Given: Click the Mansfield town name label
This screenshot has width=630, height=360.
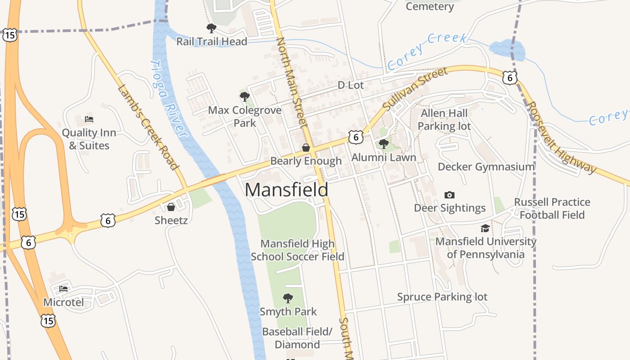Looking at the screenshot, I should pos(286,190).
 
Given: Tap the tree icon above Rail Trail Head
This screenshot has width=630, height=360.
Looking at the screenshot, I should pos(211,29).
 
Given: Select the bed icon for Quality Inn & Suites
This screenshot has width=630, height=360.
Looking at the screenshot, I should pos(89,120).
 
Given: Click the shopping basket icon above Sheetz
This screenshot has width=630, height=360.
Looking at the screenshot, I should pos(171,207).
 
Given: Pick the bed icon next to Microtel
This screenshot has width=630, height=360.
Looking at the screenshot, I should pos(63,288).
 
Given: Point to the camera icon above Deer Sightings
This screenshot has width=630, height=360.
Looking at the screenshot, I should pos(449,195).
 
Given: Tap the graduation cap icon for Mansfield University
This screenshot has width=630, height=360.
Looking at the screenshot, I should pos(485,229).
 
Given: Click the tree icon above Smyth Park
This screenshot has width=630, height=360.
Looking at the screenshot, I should pos(288,298).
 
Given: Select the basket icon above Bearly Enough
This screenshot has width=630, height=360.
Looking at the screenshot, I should pos(306,148).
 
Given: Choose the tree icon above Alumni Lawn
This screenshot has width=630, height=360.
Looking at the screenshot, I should pos(384,144).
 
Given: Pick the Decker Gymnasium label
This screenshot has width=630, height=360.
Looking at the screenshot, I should pos(486,167).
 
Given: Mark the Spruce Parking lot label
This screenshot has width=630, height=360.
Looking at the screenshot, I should pos(442,297).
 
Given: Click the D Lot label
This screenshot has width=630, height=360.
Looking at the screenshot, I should pos(351,85).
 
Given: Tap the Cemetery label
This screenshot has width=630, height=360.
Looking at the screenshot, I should pos(430,6).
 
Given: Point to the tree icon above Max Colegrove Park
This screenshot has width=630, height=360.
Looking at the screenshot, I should pos(245,97).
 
